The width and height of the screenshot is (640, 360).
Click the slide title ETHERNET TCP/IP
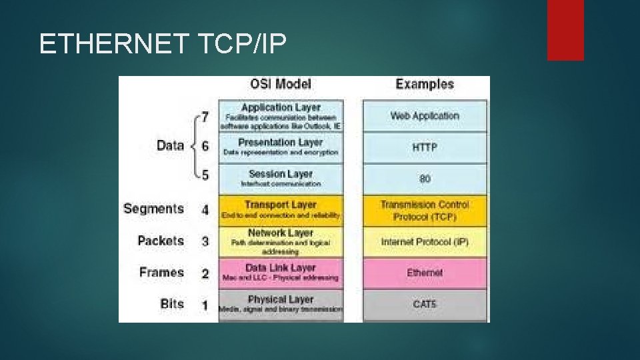coord(163,44)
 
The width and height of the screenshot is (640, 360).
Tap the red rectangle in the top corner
coord(565,29)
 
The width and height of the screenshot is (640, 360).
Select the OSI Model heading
coord(280,85)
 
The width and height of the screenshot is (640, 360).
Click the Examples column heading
coord(425,84)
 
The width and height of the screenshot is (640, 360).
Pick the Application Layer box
coord(281,115)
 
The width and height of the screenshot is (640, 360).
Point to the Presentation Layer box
coord(281,147)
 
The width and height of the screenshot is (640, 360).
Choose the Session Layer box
coord(281,178)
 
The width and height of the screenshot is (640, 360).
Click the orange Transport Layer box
coord(281,209)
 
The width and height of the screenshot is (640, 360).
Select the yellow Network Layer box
coord(281,241)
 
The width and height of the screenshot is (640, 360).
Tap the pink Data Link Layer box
coord(281,273)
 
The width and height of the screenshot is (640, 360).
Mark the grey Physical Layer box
coord(281,305)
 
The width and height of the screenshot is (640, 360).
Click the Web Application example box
coord(425,116)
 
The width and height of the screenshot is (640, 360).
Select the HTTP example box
coord(425,147)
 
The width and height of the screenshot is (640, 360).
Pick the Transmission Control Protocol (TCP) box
coord(425,211)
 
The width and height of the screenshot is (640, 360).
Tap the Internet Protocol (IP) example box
coord(425,242)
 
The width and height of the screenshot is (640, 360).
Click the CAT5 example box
coord(425,305)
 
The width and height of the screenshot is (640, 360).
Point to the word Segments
coord(153,209)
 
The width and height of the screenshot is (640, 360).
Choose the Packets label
coord(161,241)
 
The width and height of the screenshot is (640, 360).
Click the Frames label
coord(161,272)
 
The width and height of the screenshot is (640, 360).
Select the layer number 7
coord(205,117)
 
